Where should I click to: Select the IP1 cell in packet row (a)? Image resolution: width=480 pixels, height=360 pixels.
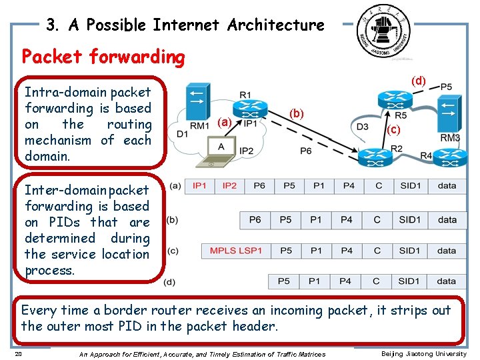pos(199,185)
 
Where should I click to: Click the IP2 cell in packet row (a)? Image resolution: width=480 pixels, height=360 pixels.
pos(229,185)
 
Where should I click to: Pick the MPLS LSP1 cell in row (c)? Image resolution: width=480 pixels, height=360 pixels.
pos(236,251)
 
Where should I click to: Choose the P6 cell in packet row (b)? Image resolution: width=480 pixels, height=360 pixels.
pos(255,219)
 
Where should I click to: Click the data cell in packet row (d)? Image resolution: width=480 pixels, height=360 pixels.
pos(447,281)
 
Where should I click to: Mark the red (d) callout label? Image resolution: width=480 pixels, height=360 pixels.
pos(418,81)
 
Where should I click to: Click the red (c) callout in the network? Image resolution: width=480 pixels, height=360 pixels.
pos(394,130)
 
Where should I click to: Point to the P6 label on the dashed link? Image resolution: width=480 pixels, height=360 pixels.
pos(305,151)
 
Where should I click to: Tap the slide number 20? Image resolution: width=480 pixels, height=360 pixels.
pos(18,354)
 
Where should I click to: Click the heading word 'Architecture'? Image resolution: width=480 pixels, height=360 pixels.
pos(275,25)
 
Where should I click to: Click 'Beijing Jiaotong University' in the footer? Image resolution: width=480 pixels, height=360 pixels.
pos(423,354)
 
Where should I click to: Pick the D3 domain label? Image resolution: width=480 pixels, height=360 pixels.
pos(362,127)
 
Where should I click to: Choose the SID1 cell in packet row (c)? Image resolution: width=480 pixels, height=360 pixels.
pos(410,251)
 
